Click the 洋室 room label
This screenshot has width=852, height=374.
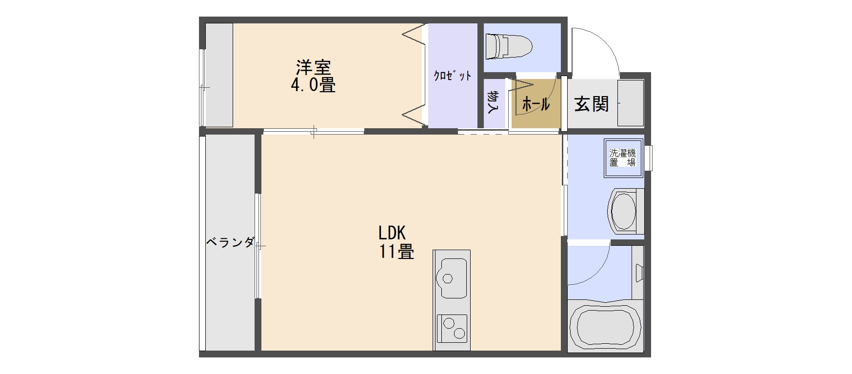pyautogui.click(x=313, y=67)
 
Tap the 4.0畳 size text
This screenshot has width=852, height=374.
pyautogui.click(x=313, y=85)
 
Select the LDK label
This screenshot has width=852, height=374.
pyautogui.click(x=392, y=233)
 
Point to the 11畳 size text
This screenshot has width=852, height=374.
pyautogui.click(x=397, y=252)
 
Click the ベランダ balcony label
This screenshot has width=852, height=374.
pyautogui.click(x=230, y=242)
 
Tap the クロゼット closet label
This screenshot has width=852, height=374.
pyautogui.click(x=453, y=76)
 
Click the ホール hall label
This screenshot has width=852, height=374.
pyautogui.click(x=536, y=104)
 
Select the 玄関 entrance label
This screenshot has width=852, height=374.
pyautogui.click(x=591, y=103)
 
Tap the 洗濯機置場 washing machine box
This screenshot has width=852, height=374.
pyautogui.click(x=622, y=158)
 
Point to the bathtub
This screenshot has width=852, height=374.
pyautogui.click(x=605, y=326)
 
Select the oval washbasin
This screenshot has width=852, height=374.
pyautogui.click(x=623, y=211)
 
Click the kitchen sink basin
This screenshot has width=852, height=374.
pyautogui.click(x=454, y=278)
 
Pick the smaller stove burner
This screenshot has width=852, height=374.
pyautogui.click(x=459, y=334)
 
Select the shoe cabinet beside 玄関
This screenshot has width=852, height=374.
pyautogui.click(x=630, y=103)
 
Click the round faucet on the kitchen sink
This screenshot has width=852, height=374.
pyautogui.click(x=447, y=278)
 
